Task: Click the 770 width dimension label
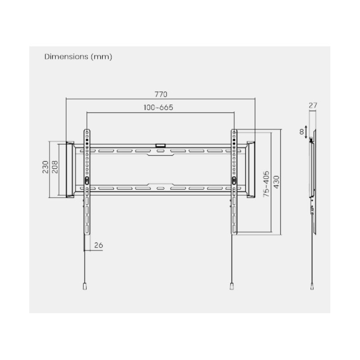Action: (x=161, y=94)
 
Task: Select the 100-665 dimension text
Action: (x=158, y=108)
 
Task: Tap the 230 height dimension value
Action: (x=45, y=168)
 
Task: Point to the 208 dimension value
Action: (x=54, y=168)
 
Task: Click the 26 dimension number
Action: (x=99, y=245)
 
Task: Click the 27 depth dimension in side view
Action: (x=313, y=105)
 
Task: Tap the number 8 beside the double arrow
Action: (x=301, y=132)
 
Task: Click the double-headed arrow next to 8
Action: (x=306, y=132)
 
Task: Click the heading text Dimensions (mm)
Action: (x=78, y=57)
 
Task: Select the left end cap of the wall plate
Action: (x=70, y=169)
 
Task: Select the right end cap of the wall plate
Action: (x=250, y=169)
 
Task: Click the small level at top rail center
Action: (x=160, y=145)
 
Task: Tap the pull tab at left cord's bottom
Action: (x=85, y=286)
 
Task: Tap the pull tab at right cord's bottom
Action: (x=232, y=286)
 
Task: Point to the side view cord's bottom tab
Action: (x=312, y=286)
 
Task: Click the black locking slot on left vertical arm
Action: (x=87, y=180)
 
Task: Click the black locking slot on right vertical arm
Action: (x=234, y=180)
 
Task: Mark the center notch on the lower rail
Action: (x=160, y=184)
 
